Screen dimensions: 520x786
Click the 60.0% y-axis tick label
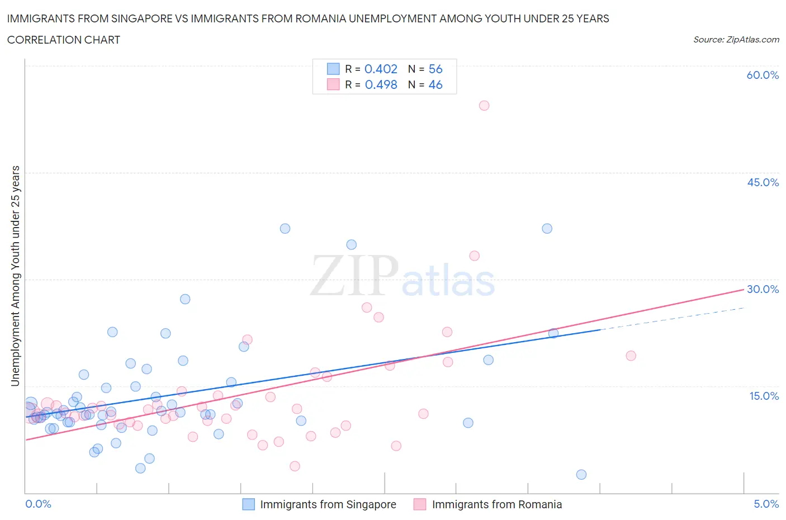coord(763,75)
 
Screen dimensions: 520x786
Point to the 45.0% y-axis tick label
coord(763,182)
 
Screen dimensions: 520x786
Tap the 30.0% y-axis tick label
coord(763,289)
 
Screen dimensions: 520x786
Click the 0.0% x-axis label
coord(38,504)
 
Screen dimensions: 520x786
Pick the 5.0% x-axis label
coord(766,504)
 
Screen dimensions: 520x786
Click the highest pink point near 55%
coord(484,106)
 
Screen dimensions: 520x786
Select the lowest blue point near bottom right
coord(581,475)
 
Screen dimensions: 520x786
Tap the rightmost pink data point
coord(631,356)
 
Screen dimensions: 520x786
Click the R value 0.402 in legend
coord(381,69)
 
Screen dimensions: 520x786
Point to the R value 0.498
coord(381,84)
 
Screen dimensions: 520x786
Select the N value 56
coord(435,69)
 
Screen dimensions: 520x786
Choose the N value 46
coord(435,84)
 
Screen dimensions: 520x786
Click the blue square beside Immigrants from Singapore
coord(248,504)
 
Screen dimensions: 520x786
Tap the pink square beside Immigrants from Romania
coord(420,504)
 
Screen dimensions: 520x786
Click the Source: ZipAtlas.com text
coord(736,40)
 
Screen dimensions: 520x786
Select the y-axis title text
coord(15,276)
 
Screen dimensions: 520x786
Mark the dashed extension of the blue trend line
coord(671,319)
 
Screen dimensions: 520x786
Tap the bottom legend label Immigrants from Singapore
coord(328,504)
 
